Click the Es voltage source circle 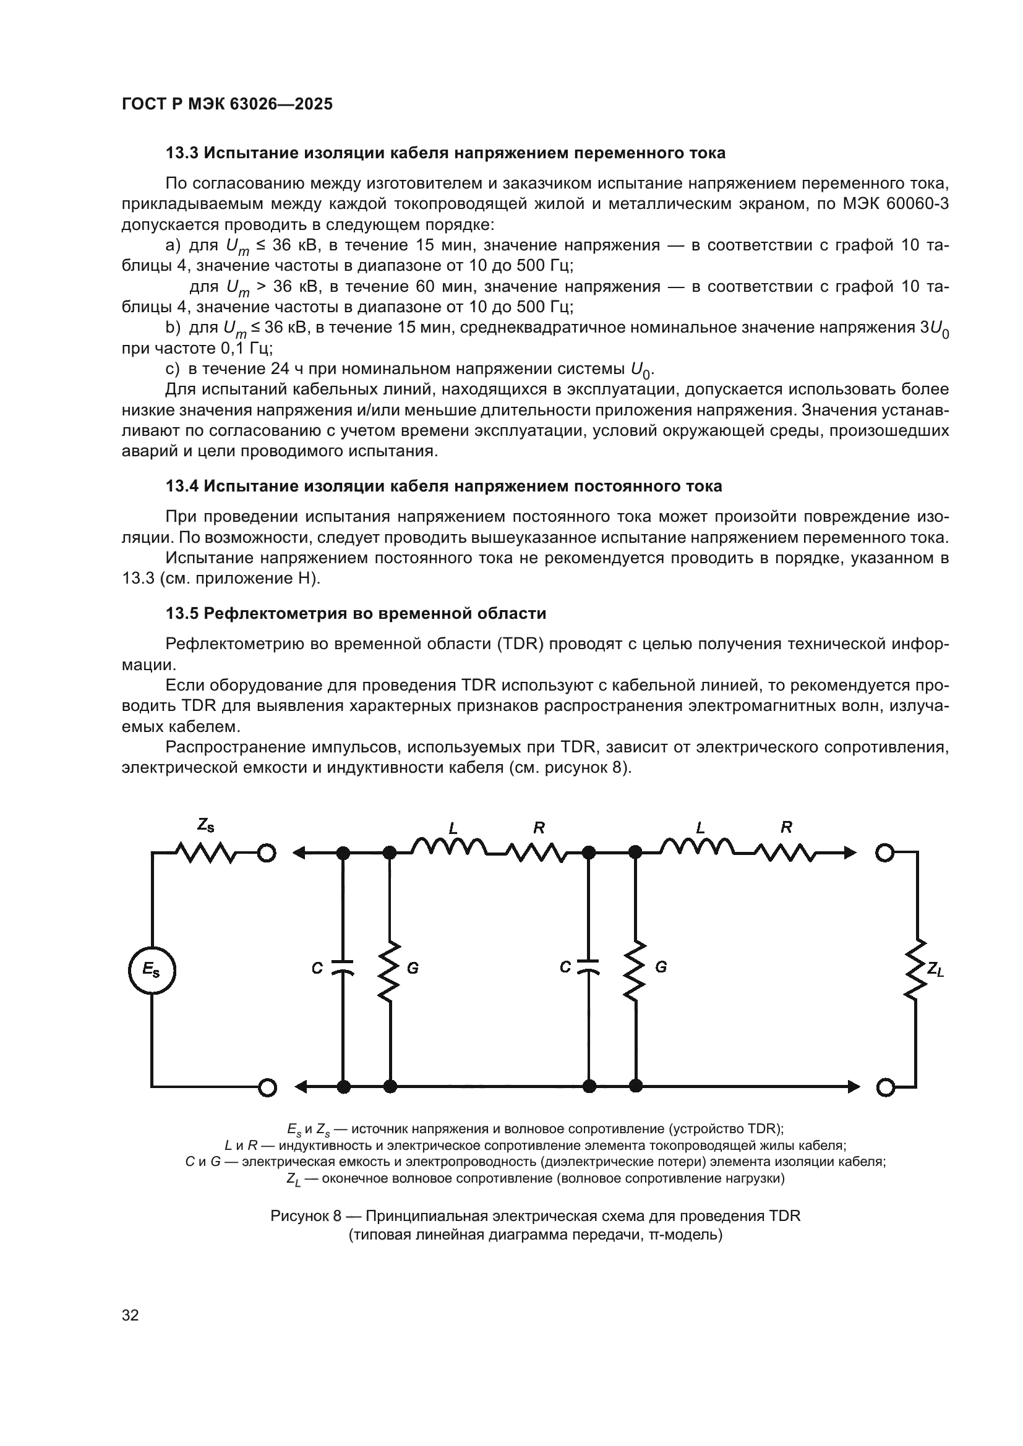pyautogui.click(x=152, y=971)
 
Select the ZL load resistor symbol pyautogui.click(x=915, y=969)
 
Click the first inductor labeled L pyautogui.click(x=448, y=848)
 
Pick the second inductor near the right pyautogui.click(x=696, y=848)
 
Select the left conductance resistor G pyautogui.click(x=390, y=969)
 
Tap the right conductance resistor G pyautogui.click(x=636, y=969)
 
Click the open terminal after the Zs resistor pyautogui.click(x=267, y=853)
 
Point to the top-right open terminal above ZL pyautogui.click(x=885, y=853)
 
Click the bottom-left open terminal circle pyautogui.click(x=267, y=1087)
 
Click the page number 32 pyautogui.click(x=131, y=1315)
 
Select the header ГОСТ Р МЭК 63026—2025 pyautogui.click(x=227, y=104)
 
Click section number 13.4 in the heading pyautogui.click(x=182, y=486)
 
